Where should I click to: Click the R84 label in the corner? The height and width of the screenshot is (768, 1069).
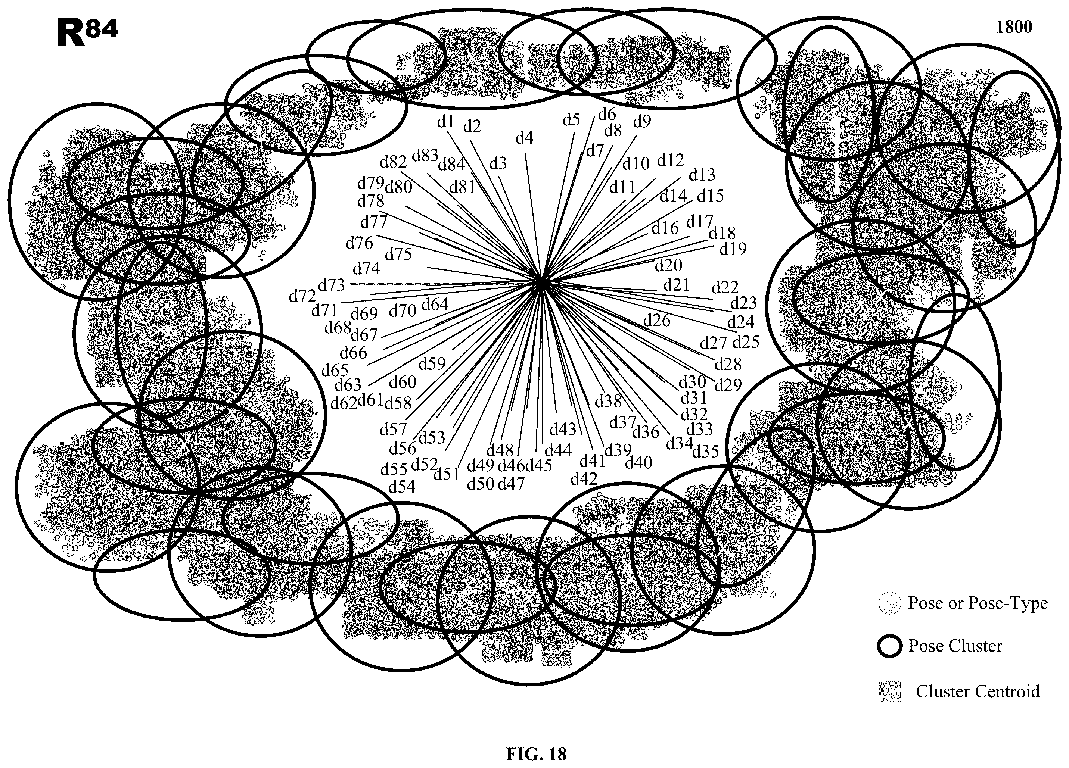coord(87,32)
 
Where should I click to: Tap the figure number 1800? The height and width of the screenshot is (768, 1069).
coord(1014,27)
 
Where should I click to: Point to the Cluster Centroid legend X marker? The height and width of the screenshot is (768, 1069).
coord(889,691)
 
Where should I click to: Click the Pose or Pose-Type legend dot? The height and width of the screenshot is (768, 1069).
coord(890,603)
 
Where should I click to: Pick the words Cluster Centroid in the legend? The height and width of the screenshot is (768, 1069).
coord(978,691)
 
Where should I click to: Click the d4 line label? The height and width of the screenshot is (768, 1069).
coord(524,138)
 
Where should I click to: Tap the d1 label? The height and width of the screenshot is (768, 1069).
coord(445,122)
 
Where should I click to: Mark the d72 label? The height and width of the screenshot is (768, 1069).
coord(302,296)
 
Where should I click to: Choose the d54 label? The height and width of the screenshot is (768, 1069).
coord(402,486)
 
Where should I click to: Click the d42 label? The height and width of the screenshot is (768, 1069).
coord(584,479)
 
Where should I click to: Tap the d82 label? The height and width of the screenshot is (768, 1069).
coord(393,162)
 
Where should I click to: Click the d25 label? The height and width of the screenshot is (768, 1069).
coord(746,341)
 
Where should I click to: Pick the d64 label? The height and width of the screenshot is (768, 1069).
coord(435,305)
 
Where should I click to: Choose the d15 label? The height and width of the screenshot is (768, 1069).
coord(710,196)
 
